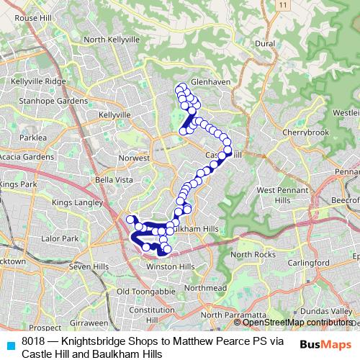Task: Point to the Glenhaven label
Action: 210,82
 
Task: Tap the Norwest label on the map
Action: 135,158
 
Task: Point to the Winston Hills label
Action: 171,266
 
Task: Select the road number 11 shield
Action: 284,5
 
